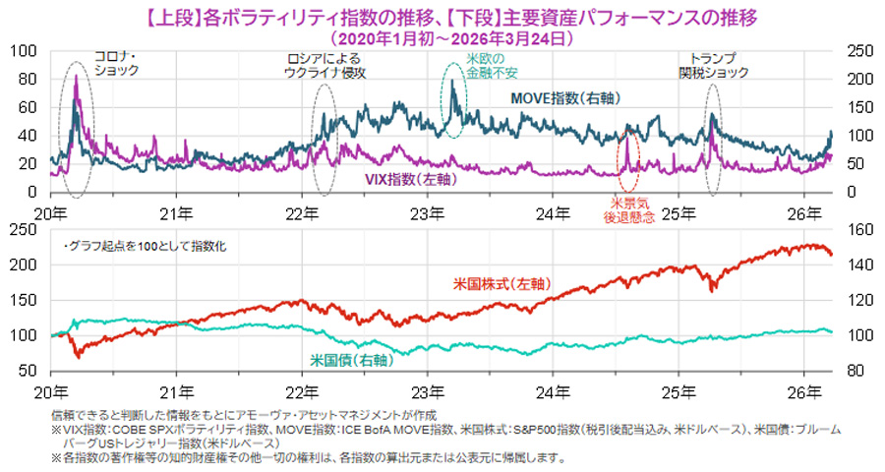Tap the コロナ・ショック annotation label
point(116,64)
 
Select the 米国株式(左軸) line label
point(501,283)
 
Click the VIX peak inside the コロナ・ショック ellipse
point(76,76)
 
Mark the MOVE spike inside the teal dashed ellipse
point(452,84)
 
